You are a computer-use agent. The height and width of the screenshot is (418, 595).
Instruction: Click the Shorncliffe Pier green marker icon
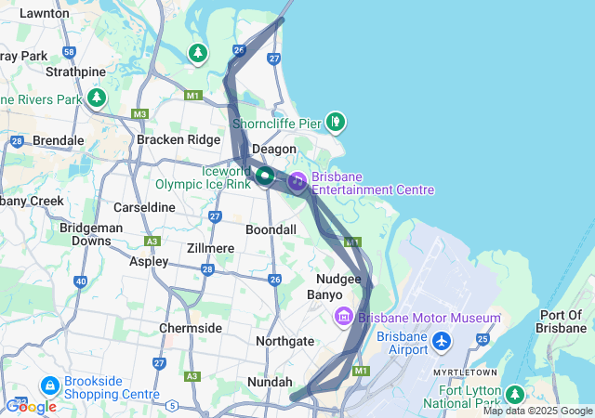tap(336, 121)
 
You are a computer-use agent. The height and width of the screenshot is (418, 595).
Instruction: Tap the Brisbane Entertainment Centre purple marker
tap(297, 181)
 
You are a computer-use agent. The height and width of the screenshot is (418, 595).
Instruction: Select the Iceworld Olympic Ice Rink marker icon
tap(265, 175)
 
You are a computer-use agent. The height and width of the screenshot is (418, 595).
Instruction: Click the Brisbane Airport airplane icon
tap(442, 343)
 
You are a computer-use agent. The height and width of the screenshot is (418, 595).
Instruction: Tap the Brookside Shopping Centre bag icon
tap(48, 384)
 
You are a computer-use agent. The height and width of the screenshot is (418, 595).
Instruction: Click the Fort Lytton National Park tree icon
tap(514, 396)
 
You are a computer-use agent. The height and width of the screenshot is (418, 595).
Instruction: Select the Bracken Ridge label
tap(178, 139)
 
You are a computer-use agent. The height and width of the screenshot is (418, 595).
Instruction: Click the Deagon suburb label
tap(274, 149)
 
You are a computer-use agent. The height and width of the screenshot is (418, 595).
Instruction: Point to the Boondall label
tap(271, 229)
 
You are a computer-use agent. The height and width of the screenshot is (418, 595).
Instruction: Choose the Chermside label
tap(191, 328)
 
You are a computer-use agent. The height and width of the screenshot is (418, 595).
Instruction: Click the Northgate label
tap(285, 341)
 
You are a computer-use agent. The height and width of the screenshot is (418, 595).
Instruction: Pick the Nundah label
tap(270, 382)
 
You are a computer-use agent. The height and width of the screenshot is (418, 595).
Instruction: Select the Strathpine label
tap(74, 71)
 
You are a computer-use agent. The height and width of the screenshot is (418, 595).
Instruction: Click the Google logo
tap(31, 407)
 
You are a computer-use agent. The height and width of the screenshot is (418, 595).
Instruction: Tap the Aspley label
tap(149, 262)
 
